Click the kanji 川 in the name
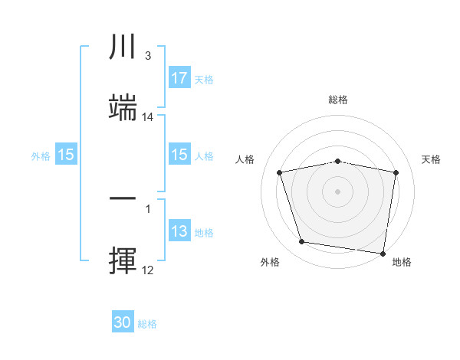coord(123,48)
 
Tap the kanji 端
coord(123,108)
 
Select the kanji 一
coord(123,199)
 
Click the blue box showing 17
coord(179,78)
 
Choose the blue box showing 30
coord(123,323)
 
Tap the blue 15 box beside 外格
coord(65,155)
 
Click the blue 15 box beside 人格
coord(179,155)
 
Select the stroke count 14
coord(148,117)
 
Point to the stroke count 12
coord(147,270)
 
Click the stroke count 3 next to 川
coord(147,56)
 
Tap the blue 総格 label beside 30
coord(147,324)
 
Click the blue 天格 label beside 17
coord(203,79)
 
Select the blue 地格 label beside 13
coord(203,233)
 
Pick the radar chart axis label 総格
coord(337,100)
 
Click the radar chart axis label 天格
coord(431,159)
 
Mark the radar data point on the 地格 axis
coord(383,253)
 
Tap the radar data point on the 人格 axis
coord(280,172)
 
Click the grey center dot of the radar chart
coord(337,191)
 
